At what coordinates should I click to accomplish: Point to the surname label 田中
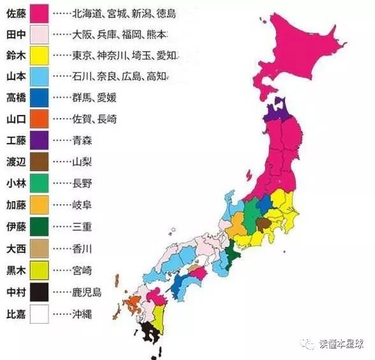pos(15,34)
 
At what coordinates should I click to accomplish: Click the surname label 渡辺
pos(15,161)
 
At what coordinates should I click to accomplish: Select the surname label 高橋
pos(15,98)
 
